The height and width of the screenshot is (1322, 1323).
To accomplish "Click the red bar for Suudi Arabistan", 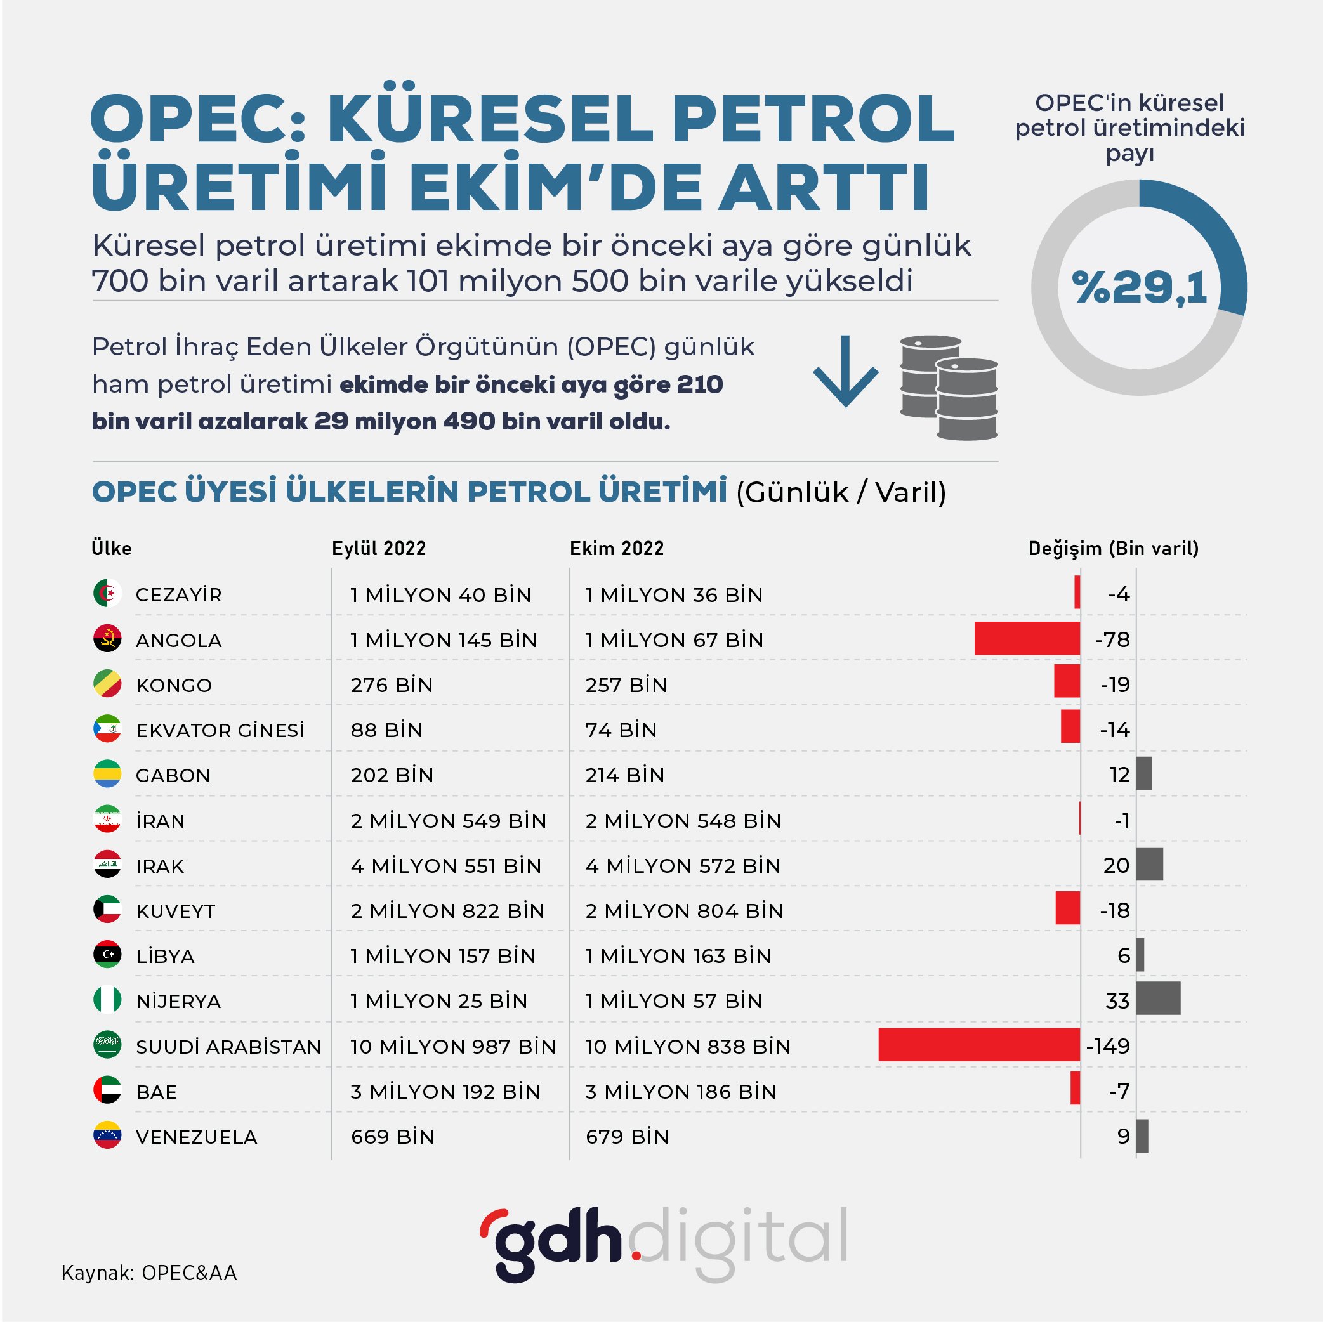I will pyautogui.click(x=978, y=1045).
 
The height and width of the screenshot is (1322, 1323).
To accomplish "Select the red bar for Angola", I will pyautogui.click(x=1027, y=639).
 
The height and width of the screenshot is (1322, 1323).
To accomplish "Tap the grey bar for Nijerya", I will pyautogui.click(x=1157, y=998).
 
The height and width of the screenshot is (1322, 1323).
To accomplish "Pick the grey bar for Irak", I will pyautogui.click(x=1149, y=864).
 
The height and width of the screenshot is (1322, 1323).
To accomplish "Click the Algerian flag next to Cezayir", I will pyautogui.click(x=107, y=593).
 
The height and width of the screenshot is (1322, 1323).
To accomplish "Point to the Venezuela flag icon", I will pyautogui.click(x=107, y=1135).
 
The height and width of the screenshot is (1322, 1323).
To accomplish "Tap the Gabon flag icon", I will pyautogui.click(x=107, y=774).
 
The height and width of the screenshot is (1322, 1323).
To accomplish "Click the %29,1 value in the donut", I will pyautogui.click(x=1139, y=287).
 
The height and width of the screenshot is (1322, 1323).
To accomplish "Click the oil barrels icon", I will pyautogui.click(x=949, y=387).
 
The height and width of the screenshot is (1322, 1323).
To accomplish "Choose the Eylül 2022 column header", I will pyautogui.click(x=379, y=548).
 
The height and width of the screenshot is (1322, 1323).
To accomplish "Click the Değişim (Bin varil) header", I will pyautogui.click(x=1114, y=548).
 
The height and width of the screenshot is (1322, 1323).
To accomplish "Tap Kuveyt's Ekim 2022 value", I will pyautogui.click(x=683, y=910).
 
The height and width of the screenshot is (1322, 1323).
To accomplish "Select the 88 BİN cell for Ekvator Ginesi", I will pyautogui.click(x=386, y=730).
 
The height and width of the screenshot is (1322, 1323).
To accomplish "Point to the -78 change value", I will pyautogui.click(x=1113, y=639).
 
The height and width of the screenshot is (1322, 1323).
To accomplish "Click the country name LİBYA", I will pyautogui.click(x=165, y=956).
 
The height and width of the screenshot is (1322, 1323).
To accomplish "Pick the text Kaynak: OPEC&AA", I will pyautogui.click(x=149, y=1273).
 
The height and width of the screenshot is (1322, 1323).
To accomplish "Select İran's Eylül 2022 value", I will pyautogui.click(x=448, y=820).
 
